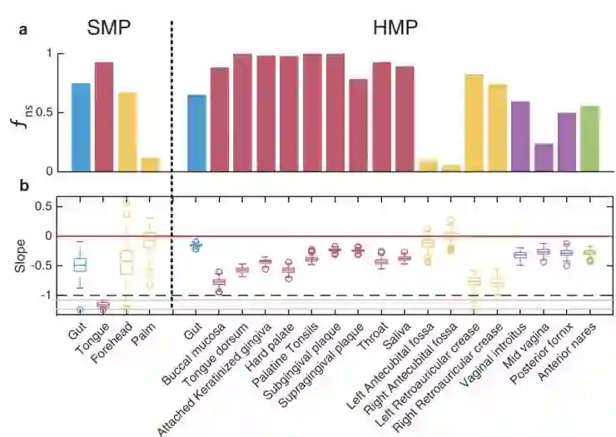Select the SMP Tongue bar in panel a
pos(104,117)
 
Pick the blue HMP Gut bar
pos(196,133)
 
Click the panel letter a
pos(23,29)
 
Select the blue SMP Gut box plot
pos(81,265)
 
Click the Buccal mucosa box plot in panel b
pos(220,284)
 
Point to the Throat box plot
pos(381,261)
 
